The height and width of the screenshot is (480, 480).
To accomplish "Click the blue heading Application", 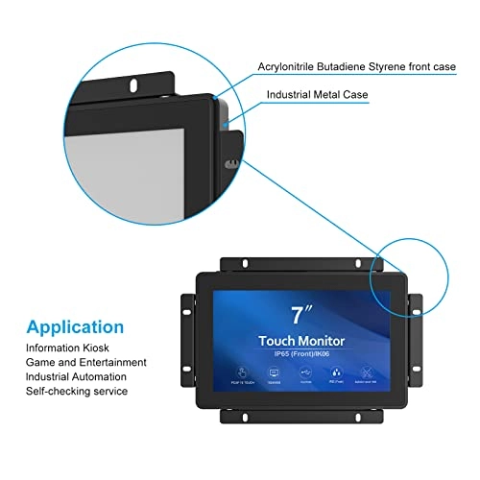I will [75, 326].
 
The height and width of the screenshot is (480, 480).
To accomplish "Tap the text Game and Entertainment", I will [86, 363].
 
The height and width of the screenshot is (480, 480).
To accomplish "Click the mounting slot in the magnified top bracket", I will [132, 84].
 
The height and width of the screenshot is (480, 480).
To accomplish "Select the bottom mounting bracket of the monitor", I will [301, 415].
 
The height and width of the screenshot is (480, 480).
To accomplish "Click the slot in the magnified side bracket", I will [228, 165].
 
